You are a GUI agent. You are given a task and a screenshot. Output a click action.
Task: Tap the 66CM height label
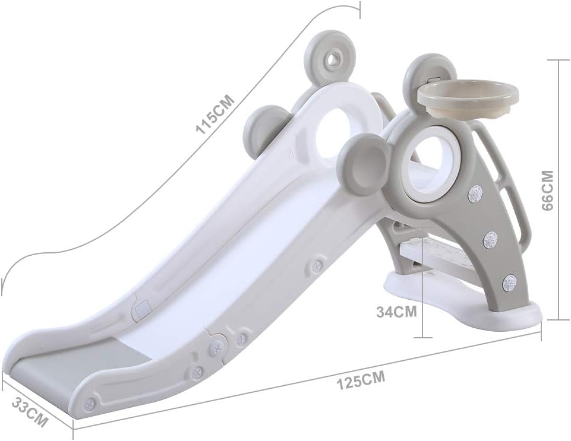click(548, 191)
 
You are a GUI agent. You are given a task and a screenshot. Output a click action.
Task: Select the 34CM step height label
click(396, 312)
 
